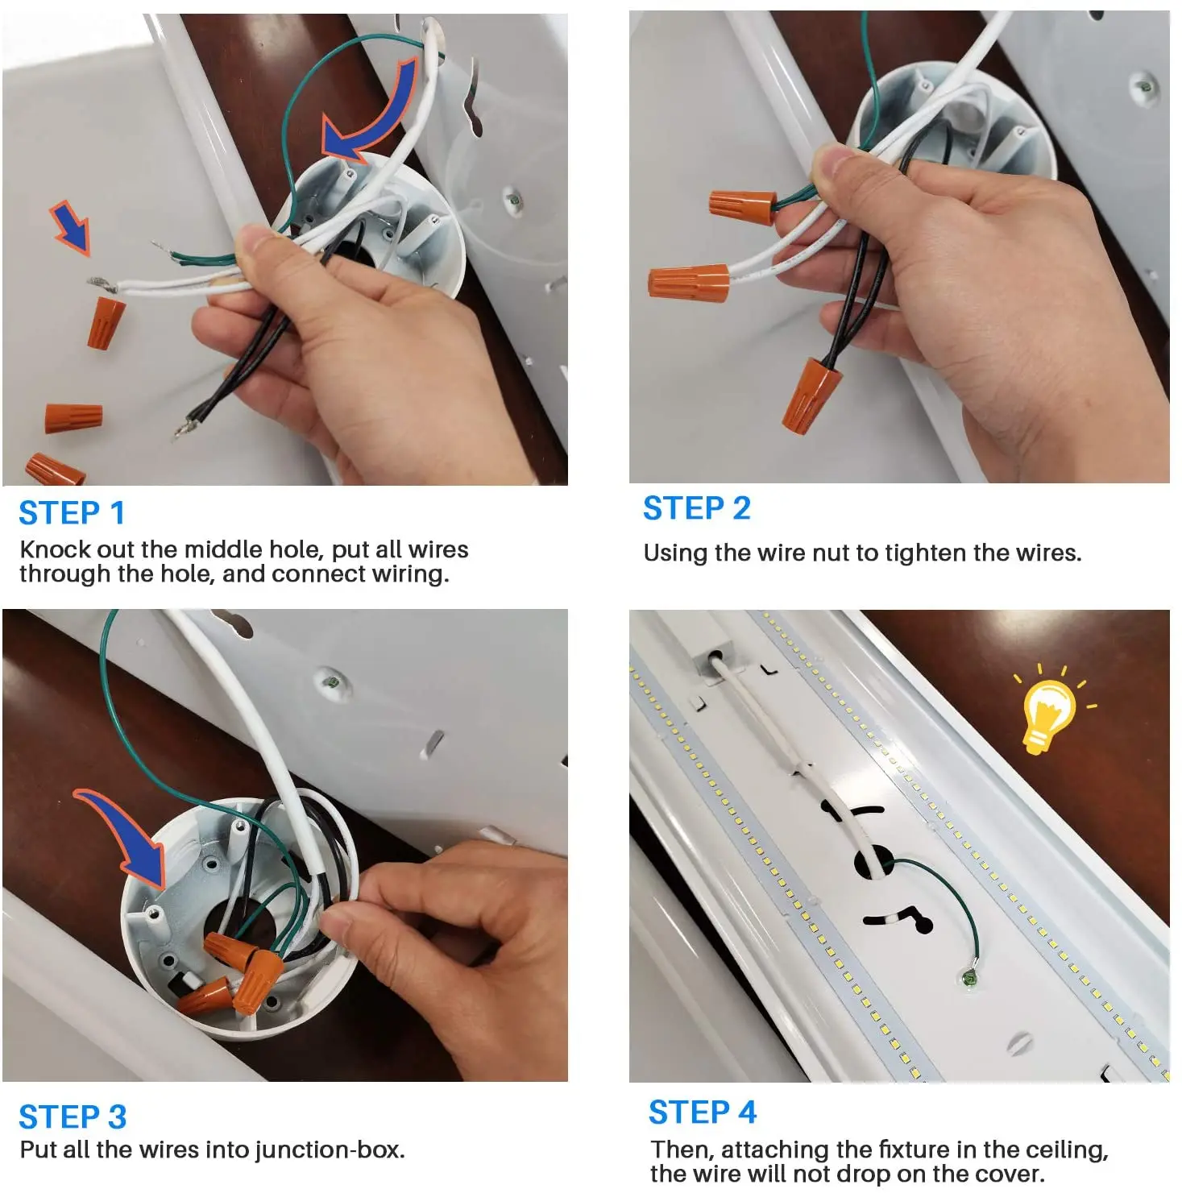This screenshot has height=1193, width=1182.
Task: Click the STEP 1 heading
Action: tap(72, 513)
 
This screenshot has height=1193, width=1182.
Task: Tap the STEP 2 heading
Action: tap(697, 508)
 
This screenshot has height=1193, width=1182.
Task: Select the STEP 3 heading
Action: tap(73, 1117)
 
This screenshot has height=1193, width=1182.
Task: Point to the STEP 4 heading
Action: tap(703, 1112)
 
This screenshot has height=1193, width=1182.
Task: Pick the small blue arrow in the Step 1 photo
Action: tap(71, 228)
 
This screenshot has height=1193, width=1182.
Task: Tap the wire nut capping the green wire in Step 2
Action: tap(742, 204)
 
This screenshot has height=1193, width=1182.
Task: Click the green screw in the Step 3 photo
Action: tap(329, 683)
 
